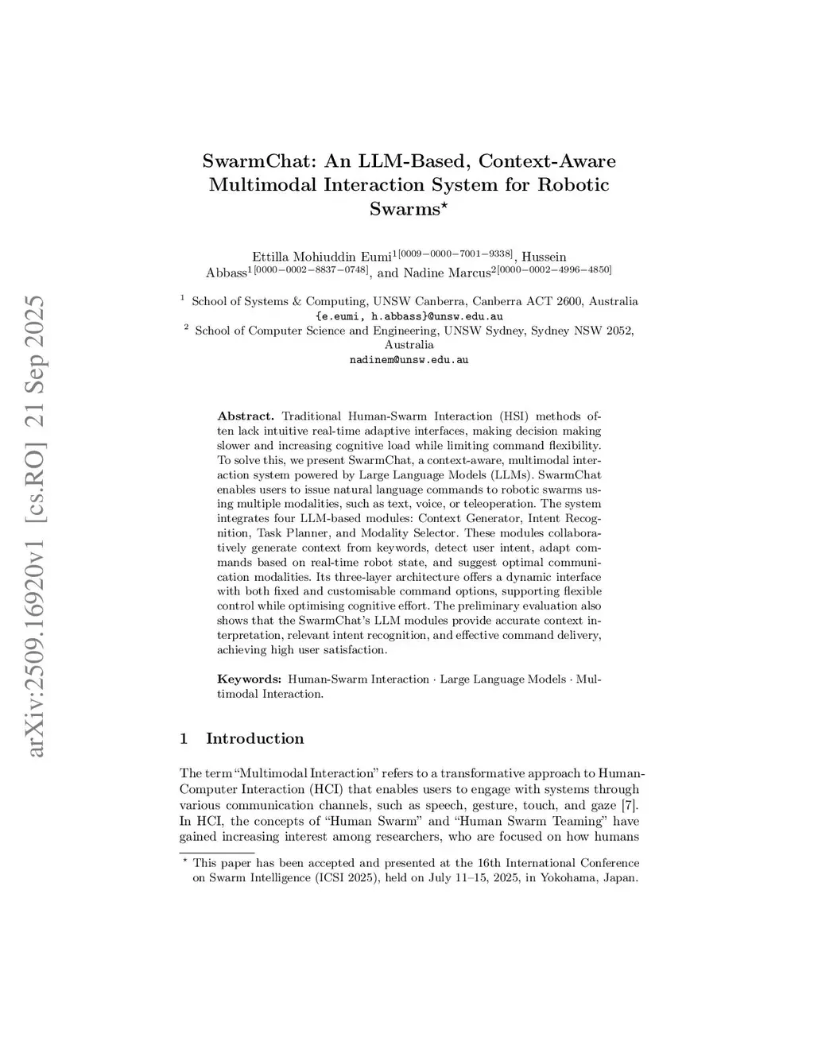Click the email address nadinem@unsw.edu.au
click(409, 359)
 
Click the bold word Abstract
click(246, 416)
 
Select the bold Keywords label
click(250, 679)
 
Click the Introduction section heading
click(254, 738)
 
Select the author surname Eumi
click(373, 257)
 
